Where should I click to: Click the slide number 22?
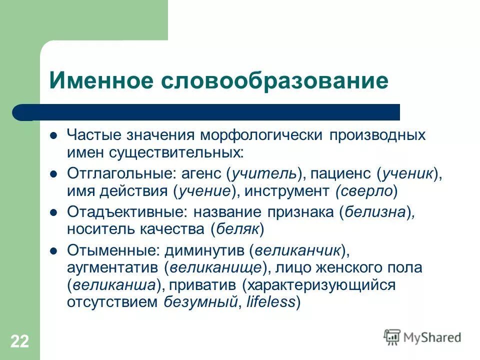[x=19, y=341]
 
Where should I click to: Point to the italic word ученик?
[x=407, y=173]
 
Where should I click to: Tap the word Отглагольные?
[x=118, y=173]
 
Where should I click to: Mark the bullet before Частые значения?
[x=54, y=135]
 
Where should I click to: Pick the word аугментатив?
[x=113, y=267]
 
